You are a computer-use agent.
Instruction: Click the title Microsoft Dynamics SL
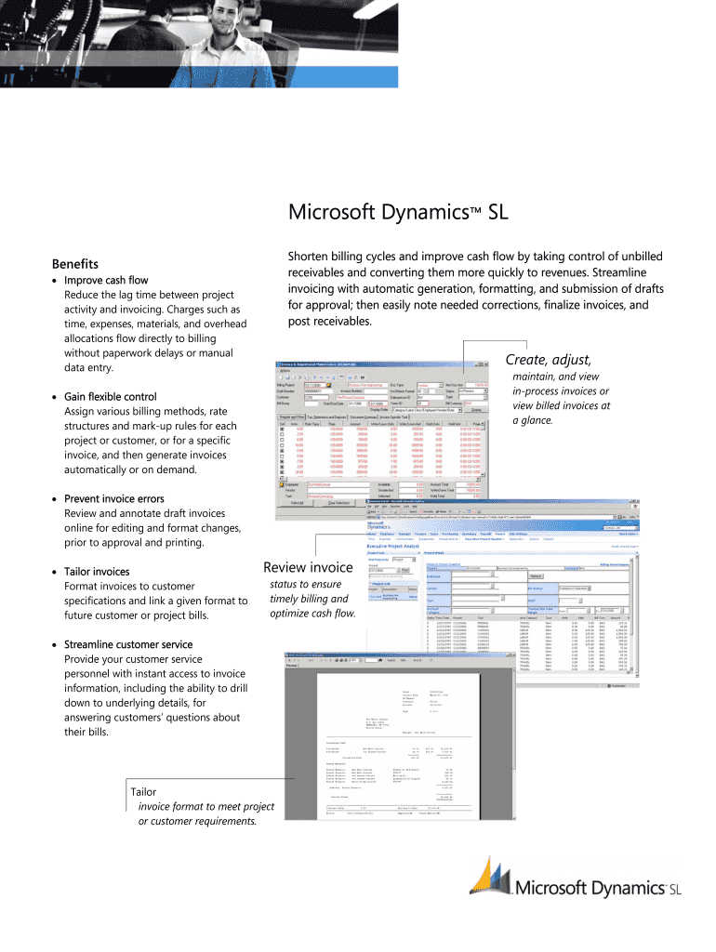[398, 213]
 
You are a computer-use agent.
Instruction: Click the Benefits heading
[74, 264]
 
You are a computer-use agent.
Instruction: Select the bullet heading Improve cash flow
[105, 280]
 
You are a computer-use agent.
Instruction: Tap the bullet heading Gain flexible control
[110, 396]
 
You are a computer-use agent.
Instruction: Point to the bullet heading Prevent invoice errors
[113, 498]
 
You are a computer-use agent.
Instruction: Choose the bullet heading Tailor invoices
[97, 571]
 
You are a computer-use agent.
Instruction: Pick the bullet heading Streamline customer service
[129, 643]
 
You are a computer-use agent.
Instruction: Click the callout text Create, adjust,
[548, 360]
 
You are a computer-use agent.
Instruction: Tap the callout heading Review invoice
[308, 567]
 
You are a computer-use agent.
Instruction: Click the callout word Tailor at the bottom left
[144, 792]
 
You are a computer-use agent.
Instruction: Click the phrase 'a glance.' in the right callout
[533, 420]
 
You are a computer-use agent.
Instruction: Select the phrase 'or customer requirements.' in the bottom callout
[197, 821]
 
